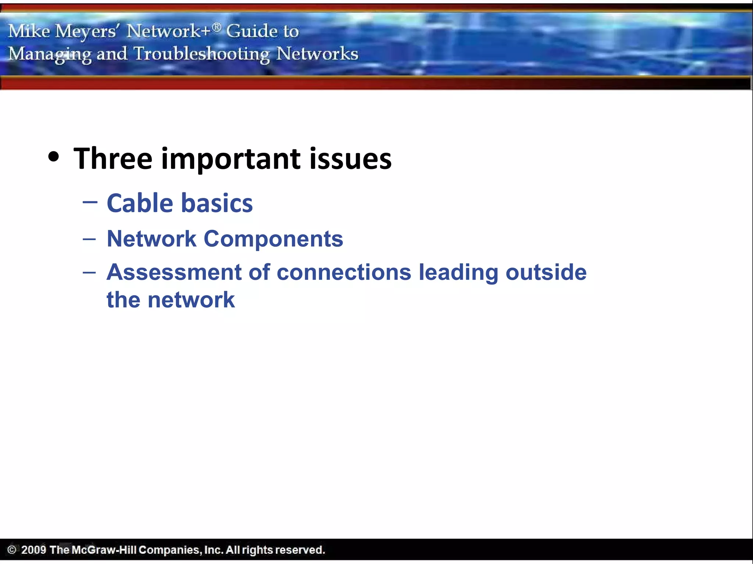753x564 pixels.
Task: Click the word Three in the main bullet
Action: tap(113, 159)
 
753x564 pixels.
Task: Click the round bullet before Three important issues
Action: tap(54, 157)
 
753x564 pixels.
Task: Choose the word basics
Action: tap(217, 203)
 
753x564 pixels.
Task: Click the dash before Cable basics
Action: tap(90, 202)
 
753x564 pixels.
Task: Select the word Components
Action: tap(273, 239)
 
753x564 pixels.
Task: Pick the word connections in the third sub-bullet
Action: tap(343, 272)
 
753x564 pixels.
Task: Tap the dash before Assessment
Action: tap(89, 273)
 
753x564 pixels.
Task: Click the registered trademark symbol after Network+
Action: tap(217, 26)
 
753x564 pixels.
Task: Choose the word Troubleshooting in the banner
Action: tap(201, 54)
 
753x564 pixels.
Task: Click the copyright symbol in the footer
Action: tap(12, 550)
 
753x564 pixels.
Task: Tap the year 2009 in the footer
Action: tap(33, 550)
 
